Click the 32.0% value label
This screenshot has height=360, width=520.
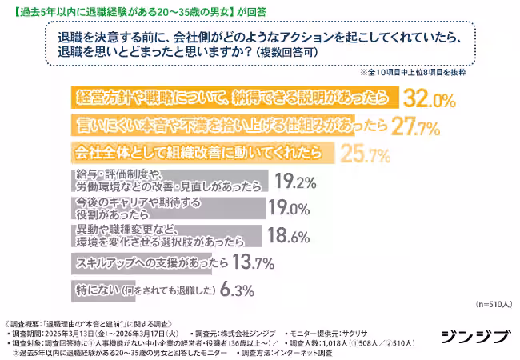point(430,99)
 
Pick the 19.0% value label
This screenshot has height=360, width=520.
point(289,209)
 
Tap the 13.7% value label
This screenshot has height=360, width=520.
point(254,262)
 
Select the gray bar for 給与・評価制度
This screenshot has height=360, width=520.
point(169,181)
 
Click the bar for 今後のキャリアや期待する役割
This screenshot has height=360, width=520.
point(168,208)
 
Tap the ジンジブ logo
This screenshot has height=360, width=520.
point(473,337)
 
